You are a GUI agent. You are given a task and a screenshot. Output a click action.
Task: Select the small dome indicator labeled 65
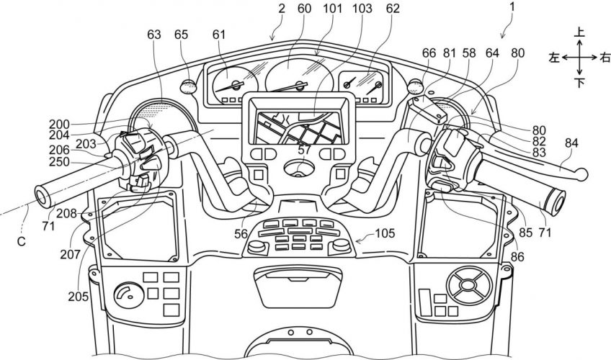point(189,85)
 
